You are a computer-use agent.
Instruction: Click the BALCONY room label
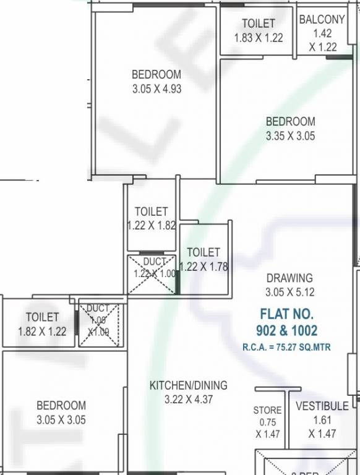click(322, 20)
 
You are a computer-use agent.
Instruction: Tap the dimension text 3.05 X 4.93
click(156, 88)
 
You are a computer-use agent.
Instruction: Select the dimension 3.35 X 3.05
click(290, 136)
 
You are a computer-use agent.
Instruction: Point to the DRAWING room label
click(289, 278)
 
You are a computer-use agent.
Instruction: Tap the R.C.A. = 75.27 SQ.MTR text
click(286, 348)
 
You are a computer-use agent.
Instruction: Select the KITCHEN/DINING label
click(188, 385)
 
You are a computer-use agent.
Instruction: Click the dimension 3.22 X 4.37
click(188, 400)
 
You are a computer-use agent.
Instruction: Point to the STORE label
click(267, 410)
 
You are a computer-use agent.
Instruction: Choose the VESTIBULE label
click(322, 406)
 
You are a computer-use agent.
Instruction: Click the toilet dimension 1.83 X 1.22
click(258, 37)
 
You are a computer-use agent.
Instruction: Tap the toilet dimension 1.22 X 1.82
click(152, 225)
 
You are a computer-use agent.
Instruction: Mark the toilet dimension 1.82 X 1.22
click(42, 331)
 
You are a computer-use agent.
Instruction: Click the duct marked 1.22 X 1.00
click(152, 273)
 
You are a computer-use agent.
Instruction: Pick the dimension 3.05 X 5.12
click(289, 292)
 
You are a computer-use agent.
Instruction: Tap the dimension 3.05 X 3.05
click(61, 420)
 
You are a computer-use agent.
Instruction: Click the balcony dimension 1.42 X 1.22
click(322, 41)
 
